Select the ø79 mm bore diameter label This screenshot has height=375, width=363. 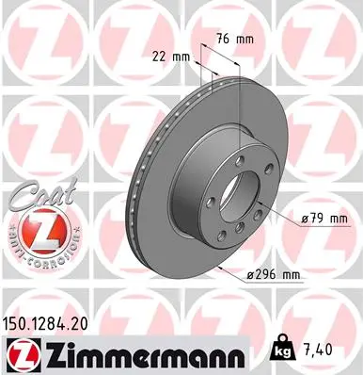[x=325, y=218]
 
